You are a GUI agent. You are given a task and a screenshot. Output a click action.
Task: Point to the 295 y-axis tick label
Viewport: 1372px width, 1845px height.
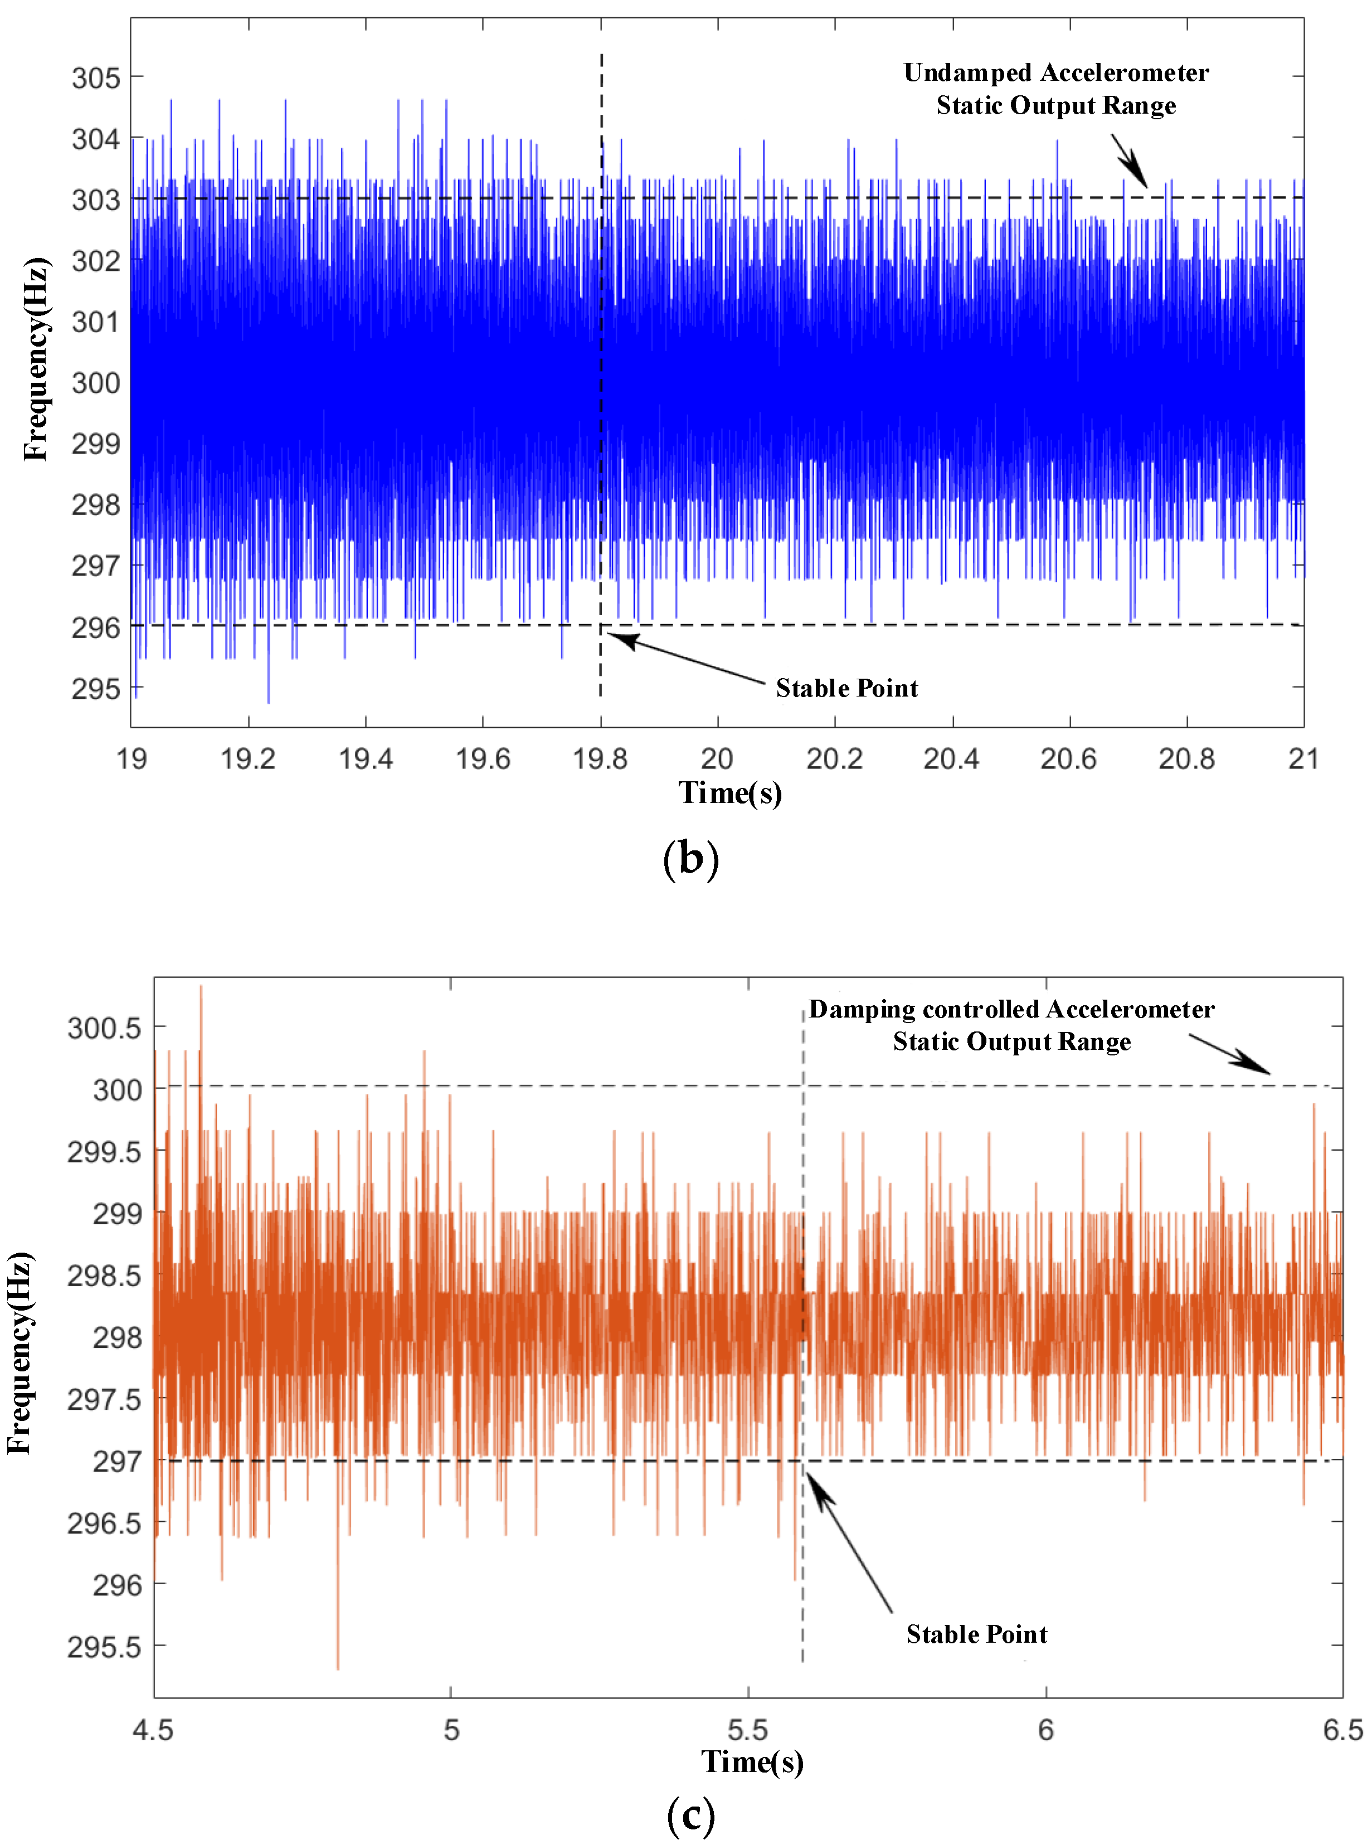point(95,688)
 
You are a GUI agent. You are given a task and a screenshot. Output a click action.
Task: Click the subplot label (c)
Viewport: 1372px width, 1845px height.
point(690,1814)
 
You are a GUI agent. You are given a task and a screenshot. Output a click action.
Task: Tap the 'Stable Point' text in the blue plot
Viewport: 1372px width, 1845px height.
point(846,688)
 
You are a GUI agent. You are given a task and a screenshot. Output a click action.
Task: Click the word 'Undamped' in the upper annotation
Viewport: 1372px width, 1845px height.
point(967,73)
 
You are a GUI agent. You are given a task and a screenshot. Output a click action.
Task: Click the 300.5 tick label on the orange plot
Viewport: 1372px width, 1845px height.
point(105,1029)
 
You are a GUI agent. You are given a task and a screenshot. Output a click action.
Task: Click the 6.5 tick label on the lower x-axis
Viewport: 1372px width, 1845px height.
point(1342,1730)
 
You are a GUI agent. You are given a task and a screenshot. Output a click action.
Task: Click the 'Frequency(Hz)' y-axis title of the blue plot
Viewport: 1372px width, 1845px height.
point(37,359)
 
